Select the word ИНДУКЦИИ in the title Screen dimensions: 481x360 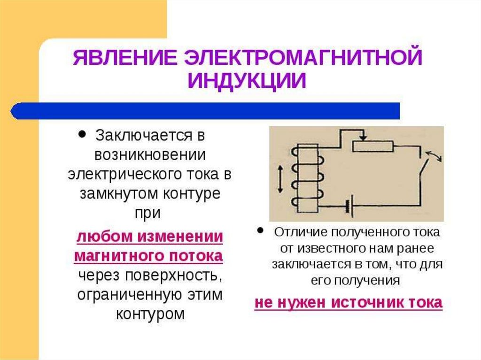pyautogui.click(x=247, y=80)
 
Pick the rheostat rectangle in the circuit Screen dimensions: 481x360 pyautogui.click(x=373, y=146)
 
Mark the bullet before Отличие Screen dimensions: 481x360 pyautogui.click(x=260, y=231)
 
